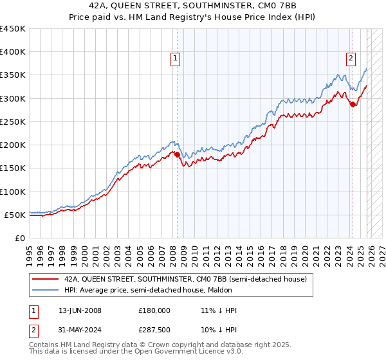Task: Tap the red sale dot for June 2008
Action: click(x=177, y=154)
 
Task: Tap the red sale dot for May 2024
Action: click(x=353, y=105)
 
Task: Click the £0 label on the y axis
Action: click(x=19, y=238)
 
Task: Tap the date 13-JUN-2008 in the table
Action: click(x=80, y=310)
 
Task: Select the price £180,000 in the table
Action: click(x=154, y=310)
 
